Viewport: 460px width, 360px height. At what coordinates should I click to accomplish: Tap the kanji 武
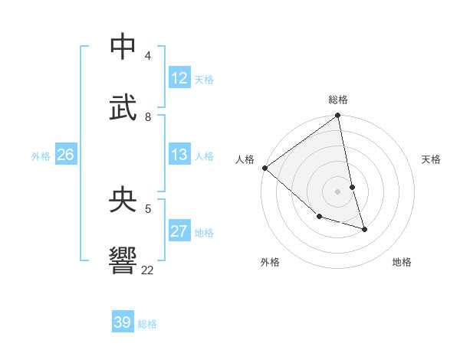(x=123, y=107)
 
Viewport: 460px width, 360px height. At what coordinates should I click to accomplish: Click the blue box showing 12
(x=179, y=78)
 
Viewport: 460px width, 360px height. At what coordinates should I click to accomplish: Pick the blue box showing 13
(x=179, y=155)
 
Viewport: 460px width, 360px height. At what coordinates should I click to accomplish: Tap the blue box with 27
(x=179, y=231)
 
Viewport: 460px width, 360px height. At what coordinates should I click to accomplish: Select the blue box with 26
(x=65, y=155)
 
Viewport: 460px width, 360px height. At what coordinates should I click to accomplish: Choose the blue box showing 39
(x=123, y=322)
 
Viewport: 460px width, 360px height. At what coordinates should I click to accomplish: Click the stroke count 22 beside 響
(x=148, y=270)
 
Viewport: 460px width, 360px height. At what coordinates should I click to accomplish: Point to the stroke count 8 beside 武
(x=148, y=117)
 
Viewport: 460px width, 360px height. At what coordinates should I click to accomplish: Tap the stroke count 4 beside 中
(x=148, y=56)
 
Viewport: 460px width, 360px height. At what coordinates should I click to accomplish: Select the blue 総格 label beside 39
(x=147, y=324)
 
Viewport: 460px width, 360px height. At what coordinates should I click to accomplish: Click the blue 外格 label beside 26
(x=41, y=156)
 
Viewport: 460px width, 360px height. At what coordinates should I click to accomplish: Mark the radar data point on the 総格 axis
(x=338, y=116)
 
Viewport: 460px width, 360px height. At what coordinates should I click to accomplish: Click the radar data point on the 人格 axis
(x=264, y=168)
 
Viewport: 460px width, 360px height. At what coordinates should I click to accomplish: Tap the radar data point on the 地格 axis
(x=364, y=229)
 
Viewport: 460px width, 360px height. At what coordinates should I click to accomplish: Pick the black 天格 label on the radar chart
(x=431, y=159)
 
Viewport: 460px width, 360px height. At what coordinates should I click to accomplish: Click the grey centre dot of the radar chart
(x=338, y=191)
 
